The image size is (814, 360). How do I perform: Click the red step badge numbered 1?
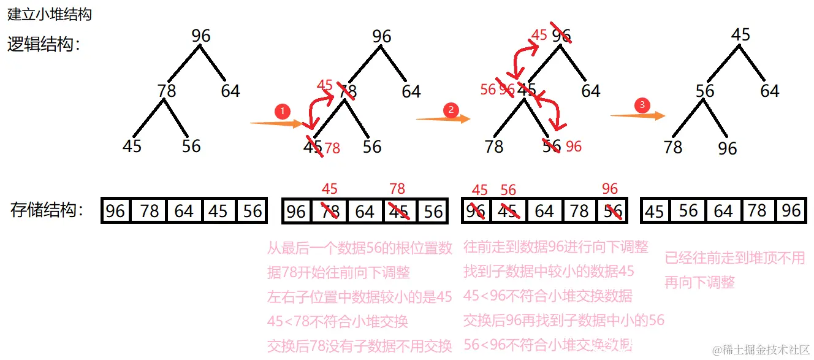[x=282, y=112]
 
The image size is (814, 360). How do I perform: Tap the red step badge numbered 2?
[x=451, y=110]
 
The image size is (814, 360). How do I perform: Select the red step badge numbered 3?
[x=642, y=105]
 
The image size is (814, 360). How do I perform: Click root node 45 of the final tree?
[x=741, y=35]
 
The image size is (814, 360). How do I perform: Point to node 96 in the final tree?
[x=728, y=148]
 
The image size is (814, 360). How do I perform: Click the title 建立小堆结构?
[x=49, y=14]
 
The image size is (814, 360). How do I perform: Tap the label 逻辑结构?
[x=44, y=44]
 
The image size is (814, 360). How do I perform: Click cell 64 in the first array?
[x=183, y=212]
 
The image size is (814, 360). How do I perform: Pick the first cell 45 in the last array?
[x=655, y=212]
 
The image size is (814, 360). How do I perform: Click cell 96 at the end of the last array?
[x=791, y=211]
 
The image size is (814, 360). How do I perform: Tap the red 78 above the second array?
[x=397, y=189]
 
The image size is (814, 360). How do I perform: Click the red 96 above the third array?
[x=610, y=189]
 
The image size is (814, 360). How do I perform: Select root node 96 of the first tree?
[x=201, y=36]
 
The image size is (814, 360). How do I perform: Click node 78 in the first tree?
[x=167, y=91]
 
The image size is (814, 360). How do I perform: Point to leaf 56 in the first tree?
[x=191, y=146]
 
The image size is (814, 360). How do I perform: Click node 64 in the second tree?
[x=411, y=91]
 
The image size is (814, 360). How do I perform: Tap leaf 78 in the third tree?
[x=493, y=146]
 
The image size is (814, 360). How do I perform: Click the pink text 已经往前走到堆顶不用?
[x=734, y=258]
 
